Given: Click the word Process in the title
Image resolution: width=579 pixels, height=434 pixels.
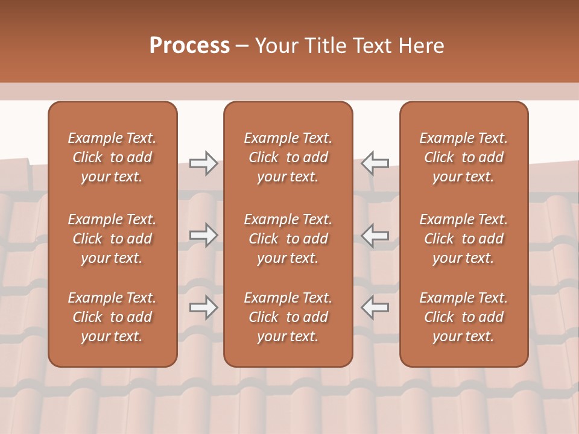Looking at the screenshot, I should pyautogui.click(x=189, y=46).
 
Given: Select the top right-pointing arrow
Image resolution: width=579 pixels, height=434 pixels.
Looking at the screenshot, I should pyautogui.click(x=204, y=163).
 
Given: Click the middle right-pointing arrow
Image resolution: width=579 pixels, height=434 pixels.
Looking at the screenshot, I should pyautogui.click(x=204, y=234).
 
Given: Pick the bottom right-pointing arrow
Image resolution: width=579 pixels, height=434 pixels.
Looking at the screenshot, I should pyautogui.click(x=204, y=307).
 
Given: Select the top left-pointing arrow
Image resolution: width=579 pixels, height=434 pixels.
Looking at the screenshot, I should pyautogui.click(x=375, y=163).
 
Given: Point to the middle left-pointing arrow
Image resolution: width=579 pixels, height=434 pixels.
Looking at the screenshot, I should pyautogui.click(x=375, y=234).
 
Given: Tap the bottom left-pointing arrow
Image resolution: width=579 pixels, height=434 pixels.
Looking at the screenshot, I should pyautogui.click(x=375, y=307).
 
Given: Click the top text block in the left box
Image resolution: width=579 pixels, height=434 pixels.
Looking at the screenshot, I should pyautogui.click(x=112, y=157).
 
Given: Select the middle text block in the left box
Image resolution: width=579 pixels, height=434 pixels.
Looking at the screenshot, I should pyautogui.click(x=112, y=239).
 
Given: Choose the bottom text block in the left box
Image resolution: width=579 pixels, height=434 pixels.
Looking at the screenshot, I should pyautogui.click(x=112, y=317).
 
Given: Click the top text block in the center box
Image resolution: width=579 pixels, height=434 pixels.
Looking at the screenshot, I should pyautogui.click(x=288, y=157).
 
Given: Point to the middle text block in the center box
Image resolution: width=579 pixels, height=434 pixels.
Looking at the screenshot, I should pyautogui.click(x=288, y=239).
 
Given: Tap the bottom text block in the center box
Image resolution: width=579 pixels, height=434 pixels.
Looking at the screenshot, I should pyautogui.click(x=288, y=317).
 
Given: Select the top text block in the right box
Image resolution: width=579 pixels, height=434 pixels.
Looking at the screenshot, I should pyautogui.click(x=463, y=157).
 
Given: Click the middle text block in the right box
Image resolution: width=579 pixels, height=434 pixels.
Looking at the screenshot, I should pyautogui.click(x=463, y=239).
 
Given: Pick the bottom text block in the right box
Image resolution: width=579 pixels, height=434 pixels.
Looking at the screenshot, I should pyautogui.click(x=463, y=317).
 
